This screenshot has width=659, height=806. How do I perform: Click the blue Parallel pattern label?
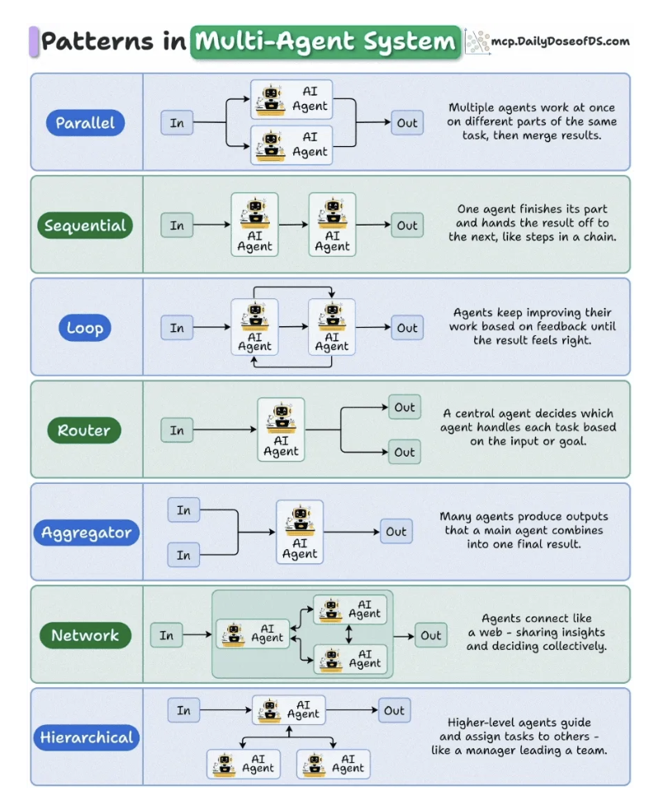[x=85, y=124]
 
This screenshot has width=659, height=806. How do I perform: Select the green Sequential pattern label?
[x=85, y=226]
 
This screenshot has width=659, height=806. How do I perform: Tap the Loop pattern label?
[x=85, y=328]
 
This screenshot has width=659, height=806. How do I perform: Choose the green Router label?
[x=84, y=430]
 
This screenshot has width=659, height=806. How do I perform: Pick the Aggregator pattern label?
[x=85, y=533]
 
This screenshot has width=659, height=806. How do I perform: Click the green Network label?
[x=85, y=635]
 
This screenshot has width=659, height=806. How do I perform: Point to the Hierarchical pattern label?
[x=86, y=737]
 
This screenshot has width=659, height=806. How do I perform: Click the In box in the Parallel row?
[x=177, y=123]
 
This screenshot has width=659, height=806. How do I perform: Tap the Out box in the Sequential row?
[x=407, y=225]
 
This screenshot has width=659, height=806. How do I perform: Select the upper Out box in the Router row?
[x=405, y=407]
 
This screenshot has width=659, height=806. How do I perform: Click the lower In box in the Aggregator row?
[x=183, y=555]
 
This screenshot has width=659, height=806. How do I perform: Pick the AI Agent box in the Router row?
[x=281, y=429]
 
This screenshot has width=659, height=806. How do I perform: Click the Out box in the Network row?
[x=430, y=635]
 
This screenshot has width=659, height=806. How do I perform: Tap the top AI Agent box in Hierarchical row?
[x=288, y=710]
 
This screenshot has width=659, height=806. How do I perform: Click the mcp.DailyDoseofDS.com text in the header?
[x=560, y=40]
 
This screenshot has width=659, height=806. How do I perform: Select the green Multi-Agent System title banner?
[x=325, y=41]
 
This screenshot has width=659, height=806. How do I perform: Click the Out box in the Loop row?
[x=407, y=328]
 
